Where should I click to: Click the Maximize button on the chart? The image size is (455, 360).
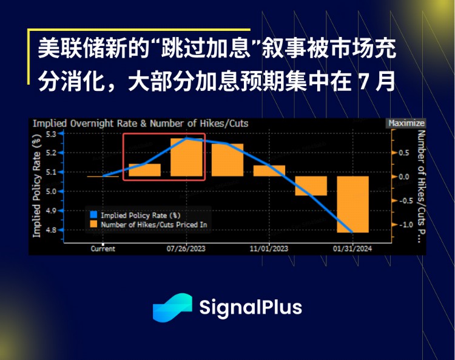(x=406, y=123)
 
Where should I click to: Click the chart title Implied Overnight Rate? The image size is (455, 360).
(x=140, y=123)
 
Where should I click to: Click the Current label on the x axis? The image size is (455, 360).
(x=103, y=248)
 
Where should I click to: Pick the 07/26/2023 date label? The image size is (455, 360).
(x=186, y=248)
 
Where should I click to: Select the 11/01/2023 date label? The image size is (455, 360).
(x=269, y=248)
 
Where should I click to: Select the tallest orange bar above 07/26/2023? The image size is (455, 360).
(x=186, y=158)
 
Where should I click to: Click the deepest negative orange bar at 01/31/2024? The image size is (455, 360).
(x=352, y=204)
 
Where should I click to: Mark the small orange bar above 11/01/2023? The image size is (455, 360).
(x=269, y=171)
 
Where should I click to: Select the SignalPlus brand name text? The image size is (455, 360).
(x=251, y=307)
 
